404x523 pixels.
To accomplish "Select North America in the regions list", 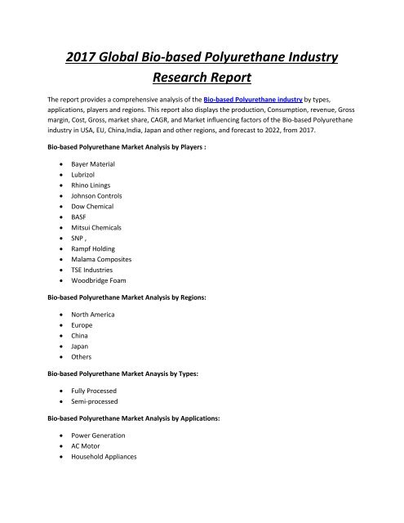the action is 93,357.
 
